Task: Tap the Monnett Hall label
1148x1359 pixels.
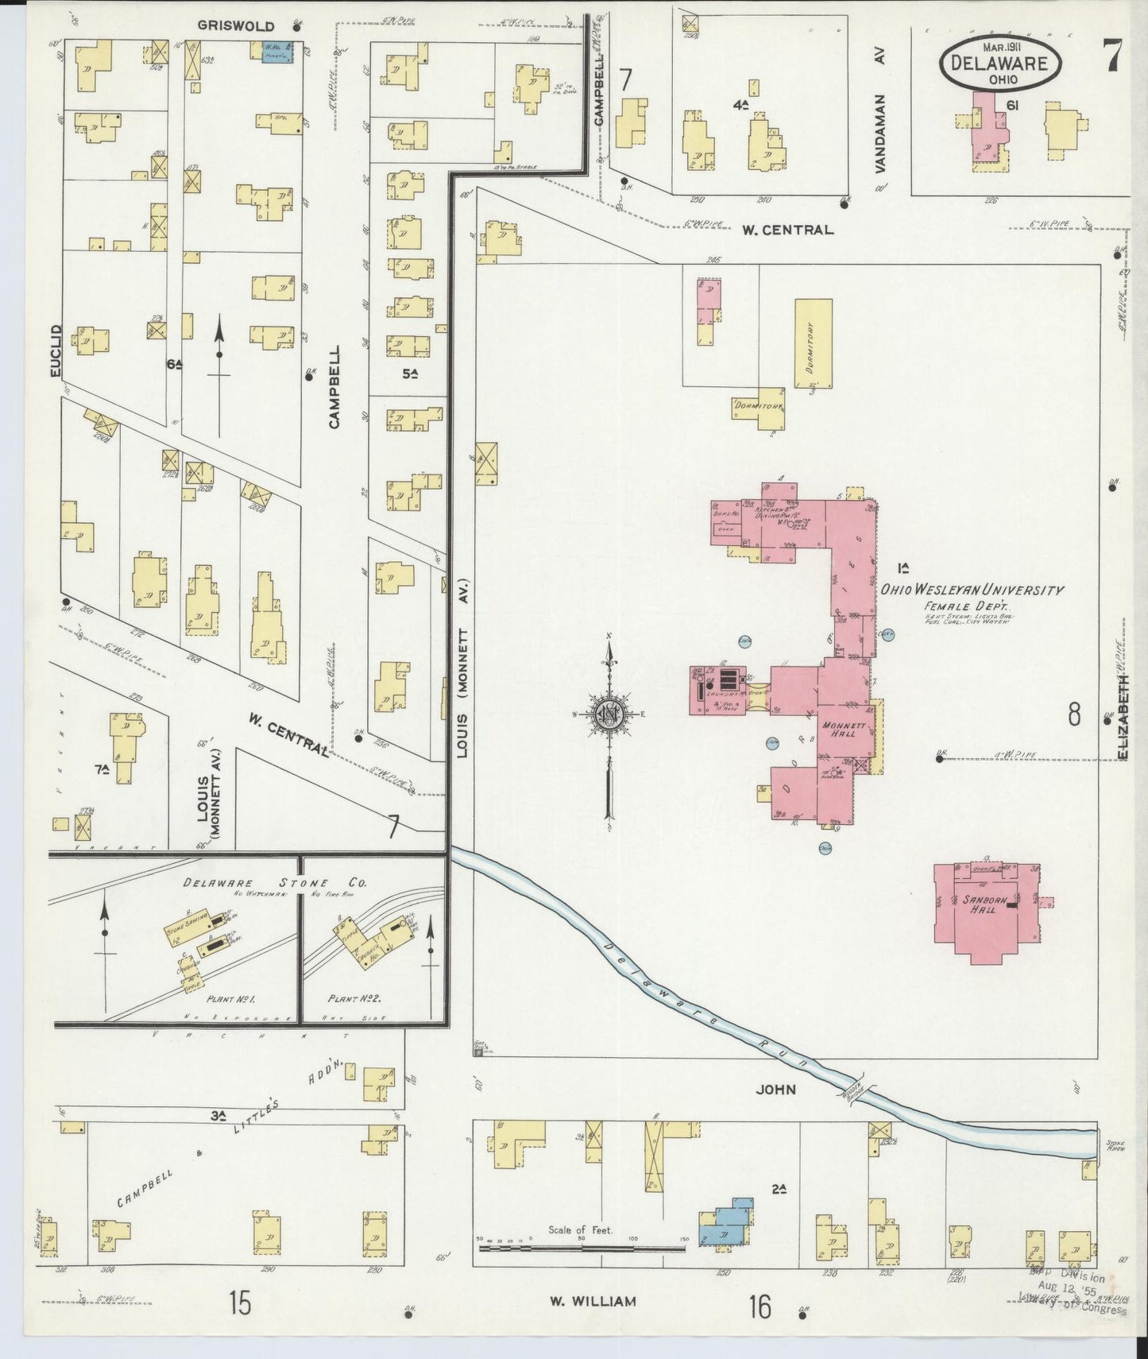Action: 839,730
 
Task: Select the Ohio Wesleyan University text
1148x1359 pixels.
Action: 971,590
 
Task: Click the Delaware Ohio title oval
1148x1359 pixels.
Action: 999,62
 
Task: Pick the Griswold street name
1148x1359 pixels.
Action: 236,26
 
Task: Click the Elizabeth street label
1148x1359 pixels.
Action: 1123,717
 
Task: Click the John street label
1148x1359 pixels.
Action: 775,1090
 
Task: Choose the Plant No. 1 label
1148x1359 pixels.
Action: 230,998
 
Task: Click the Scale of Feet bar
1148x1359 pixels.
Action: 581,1249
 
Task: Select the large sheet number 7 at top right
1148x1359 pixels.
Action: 1112,56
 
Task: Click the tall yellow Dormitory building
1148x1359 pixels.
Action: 814,343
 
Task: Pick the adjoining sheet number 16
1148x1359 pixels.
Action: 760,1306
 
